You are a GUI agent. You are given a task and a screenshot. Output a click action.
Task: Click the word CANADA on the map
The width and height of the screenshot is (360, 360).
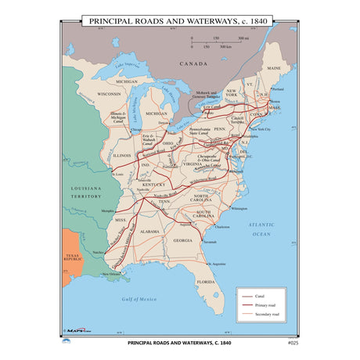(193, 63)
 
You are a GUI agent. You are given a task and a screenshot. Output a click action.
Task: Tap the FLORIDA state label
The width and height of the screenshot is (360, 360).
(205, 281)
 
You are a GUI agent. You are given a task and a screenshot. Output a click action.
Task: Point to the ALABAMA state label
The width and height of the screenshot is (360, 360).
(150, 232)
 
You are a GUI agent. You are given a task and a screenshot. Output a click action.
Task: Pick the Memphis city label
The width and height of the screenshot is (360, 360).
(108, 211)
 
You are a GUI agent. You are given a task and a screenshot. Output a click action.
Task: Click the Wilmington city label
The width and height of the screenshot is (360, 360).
(239, 208)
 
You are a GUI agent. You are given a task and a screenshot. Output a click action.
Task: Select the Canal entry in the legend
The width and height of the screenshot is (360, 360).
(258, 296)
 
